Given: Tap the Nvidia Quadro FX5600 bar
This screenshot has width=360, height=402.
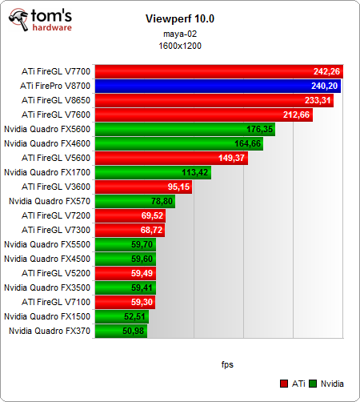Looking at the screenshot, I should (185, 129).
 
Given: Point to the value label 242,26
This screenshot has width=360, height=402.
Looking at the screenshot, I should (326, 71).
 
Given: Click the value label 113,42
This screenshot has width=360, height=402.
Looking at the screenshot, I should (195, 172).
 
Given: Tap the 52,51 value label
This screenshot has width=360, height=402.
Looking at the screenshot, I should (135, 316).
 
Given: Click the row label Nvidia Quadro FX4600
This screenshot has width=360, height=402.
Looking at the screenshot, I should (47, 143).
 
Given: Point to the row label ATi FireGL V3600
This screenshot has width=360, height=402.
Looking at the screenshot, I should (56, 187).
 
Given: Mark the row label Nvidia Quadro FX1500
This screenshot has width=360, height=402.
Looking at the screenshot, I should (47, 316).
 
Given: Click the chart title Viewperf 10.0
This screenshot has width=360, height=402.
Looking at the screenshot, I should (180, 18).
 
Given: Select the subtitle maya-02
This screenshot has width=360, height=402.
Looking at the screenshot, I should (180, 33).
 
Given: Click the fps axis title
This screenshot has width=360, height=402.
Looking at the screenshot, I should (227, 364).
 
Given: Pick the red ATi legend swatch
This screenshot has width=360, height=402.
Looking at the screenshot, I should (285, 384).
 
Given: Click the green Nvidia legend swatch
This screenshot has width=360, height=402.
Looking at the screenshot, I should (314, 384).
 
